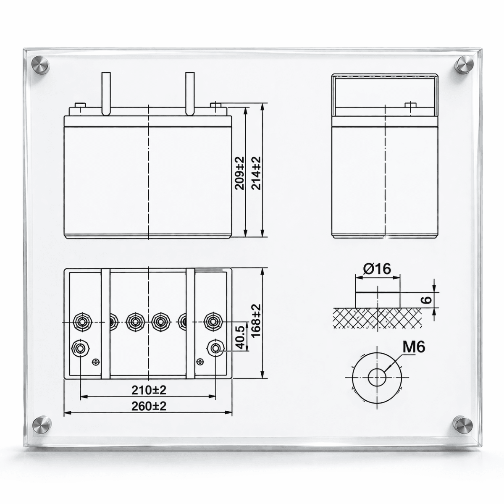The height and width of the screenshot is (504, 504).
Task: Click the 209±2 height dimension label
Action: pos(240,173)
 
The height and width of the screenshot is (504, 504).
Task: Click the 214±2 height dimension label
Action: pos(257,173)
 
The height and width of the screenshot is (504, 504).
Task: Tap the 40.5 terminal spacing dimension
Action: pos(240,336)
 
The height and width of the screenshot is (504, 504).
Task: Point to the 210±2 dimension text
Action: pos(149,390)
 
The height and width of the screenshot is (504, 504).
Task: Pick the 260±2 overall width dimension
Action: pos(149,406)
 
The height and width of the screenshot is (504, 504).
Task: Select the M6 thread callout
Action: pos(414,347)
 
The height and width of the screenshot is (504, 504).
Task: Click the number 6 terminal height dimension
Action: pos(426,299)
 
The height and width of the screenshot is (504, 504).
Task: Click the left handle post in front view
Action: pos(105,93)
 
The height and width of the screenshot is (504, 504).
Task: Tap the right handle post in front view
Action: pos(190,93)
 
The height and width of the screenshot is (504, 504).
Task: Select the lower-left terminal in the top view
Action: pos(80,348)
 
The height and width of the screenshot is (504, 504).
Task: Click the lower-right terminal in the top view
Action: pos(215,348)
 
